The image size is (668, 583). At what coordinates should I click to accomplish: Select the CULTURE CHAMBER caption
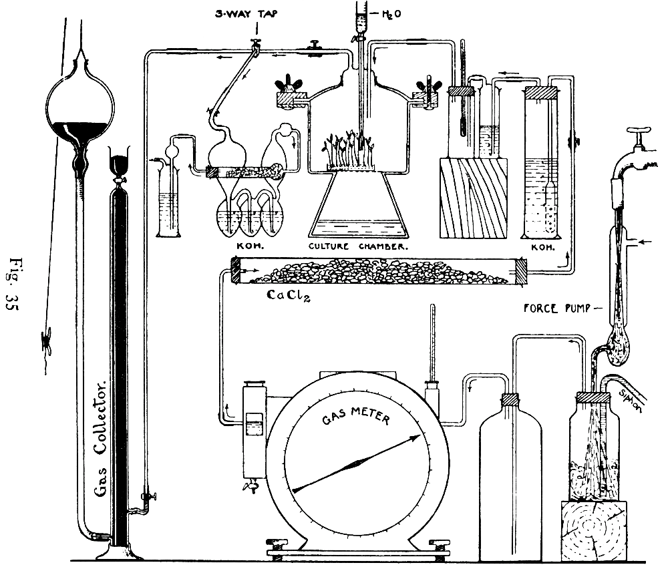point(359,246)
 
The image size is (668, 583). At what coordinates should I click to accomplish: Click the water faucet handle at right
point(641,134)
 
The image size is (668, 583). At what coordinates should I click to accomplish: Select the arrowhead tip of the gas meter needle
point(422,436)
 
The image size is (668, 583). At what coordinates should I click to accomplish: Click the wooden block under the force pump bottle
point(594,532)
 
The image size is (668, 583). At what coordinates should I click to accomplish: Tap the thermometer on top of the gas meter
point(432,347)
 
